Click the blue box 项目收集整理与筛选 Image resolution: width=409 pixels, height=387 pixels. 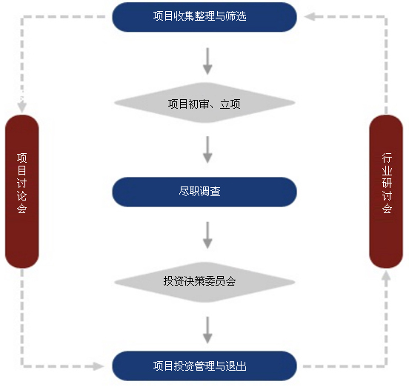click(x=204, y=17)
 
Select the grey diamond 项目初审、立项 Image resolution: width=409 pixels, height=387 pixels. click(x=204, y=103)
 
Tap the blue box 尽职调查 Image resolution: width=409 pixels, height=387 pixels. click(x=204, y=192)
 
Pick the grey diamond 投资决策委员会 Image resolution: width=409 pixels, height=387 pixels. click(x=204, y=282)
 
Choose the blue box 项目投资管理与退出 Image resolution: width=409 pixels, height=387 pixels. click(x=204, y=366)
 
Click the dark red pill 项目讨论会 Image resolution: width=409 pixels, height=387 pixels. click(x=22, y=192)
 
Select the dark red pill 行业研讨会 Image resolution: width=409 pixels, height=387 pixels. click(x=386, y=192)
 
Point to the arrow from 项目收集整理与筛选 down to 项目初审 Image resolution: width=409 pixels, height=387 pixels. click(x=207, y=61)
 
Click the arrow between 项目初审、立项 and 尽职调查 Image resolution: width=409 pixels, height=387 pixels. click(x=207, y=149)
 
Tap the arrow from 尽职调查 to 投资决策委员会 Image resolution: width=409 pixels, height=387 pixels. click(x=207, y=235)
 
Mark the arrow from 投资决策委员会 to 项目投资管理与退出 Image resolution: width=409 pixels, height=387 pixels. click(x=207, y=330)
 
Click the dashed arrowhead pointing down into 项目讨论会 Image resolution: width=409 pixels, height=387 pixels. click(x=22, y=107)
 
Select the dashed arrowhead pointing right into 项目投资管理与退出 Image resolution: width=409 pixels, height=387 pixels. click(x=98, y=366)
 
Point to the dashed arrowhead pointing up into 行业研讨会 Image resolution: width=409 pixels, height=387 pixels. click(x=386, y=275)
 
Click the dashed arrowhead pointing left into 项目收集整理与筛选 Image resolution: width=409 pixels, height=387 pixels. click(x=310, y=16)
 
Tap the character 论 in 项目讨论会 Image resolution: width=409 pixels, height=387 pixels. click(x=22, y=195)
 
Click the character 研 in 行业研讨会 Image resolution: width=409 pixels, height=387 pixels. click(x=387, y=183)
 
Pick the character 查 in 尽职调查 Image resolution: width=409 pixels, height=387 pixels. click(x=215, y=192)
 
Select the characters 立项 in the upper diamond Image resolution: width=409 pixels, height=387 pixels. click(x=230, y=104)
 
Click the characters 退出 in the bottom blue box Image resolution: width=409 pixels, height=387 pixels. click(x=236, y=366)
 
